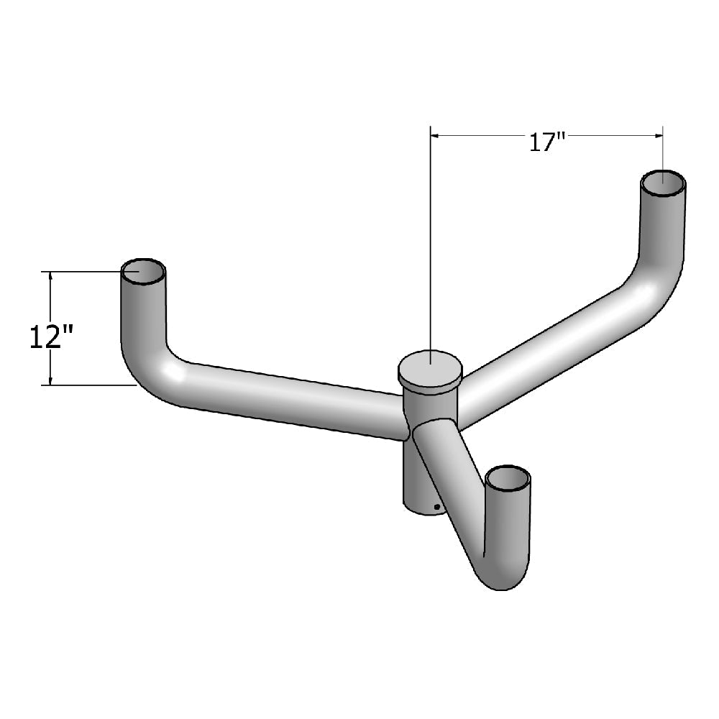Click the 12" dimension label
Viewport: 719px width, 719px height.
pyautogui.click(x=52, y=336)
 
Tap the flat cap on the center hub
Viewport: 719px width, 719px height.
pyautogui.click(x=430, y=368)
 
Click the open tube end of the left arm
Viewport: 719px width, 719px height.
pyautogui.click(x=143, y=272)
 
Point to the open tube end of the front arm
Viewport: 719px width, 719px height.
pyautogui.click(x=508, y=477)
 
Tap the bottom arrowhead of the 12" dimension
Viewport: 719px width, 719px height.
pyautogui.click(x=50, y=380)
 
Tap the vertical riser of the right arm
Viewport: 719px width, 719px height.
pyautogui.click(x=661, y=230)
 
